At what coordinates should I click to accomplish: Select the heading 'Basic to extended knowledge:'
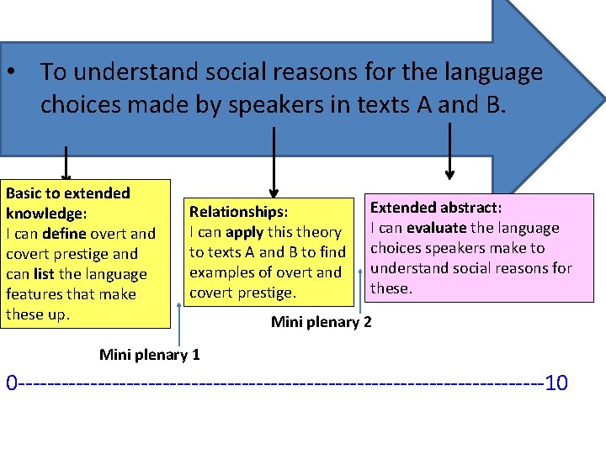[x=67, y=203]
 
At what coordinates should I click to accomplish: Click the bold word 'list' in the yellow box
[x=44, y=274]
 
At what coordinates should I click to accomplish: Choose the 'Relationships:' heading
[x=238, y=212]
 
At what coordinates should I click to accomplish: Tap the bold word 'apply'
[x=244, y=232]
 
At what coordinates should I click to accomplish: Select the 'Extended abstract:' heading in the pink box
[x=436, y=208]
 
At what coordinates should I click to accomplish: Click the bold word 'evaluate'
[x=437, y=228]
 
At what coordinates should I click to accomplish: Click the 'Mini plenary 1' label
[x=150, y=354]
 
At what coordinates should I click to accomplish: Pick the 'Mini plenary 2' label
[x=321, y=322]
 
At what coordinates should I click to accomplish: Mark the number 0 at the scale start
[x=12, y=384]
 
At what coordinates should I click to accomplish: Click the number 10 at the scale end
[x=556, y=384]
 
